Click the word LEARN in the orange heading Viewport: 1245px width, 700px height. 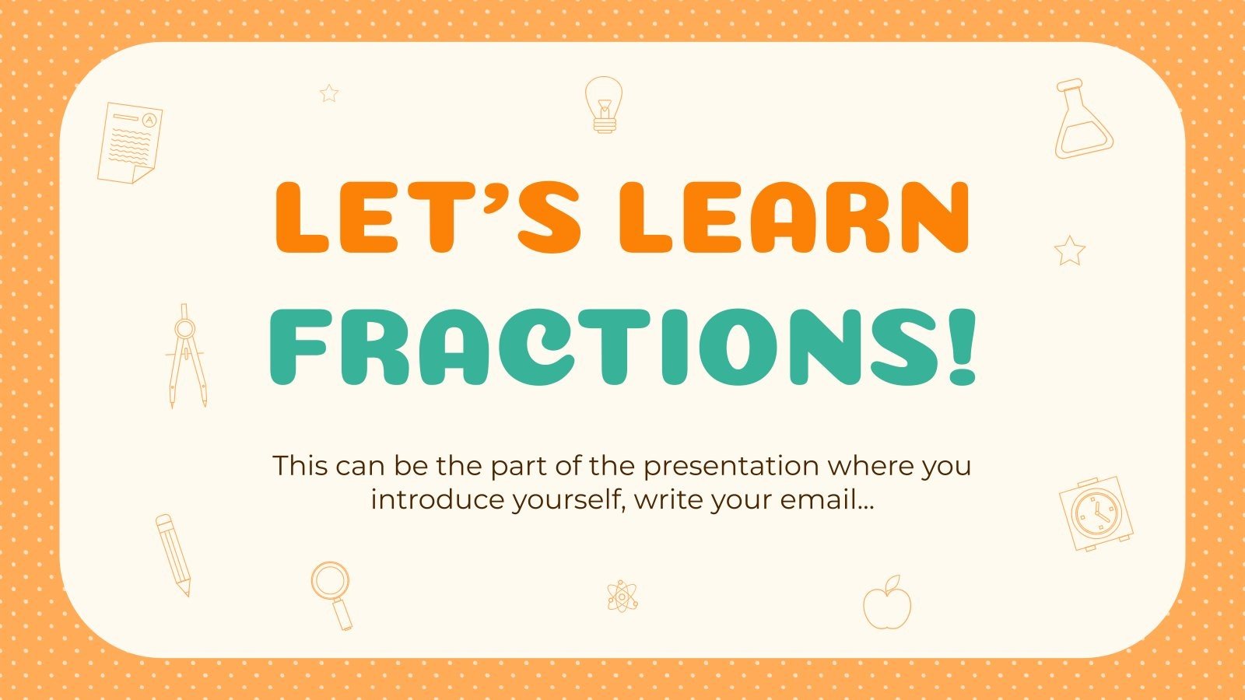(x=794, y=217)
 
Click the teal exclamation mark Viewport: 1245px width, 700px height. (x=962, y=347)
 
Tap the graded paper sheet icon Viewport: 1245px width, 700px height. (x=130, y=143)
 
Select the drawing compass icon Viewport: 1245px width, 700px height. (x=186, y=356)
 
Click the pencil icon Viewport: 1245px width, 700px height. (x=173, y=555)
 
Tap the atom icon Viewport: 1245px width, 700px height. (x=622, y=597)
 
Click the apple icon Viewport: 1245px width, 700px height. (x=887, y=603)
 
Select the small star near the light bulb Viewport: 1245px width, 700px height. (x=329, y=93)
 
